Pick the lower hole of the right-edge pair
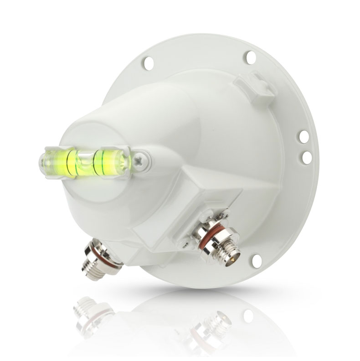pyautogui.click(x=307, y=156)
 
